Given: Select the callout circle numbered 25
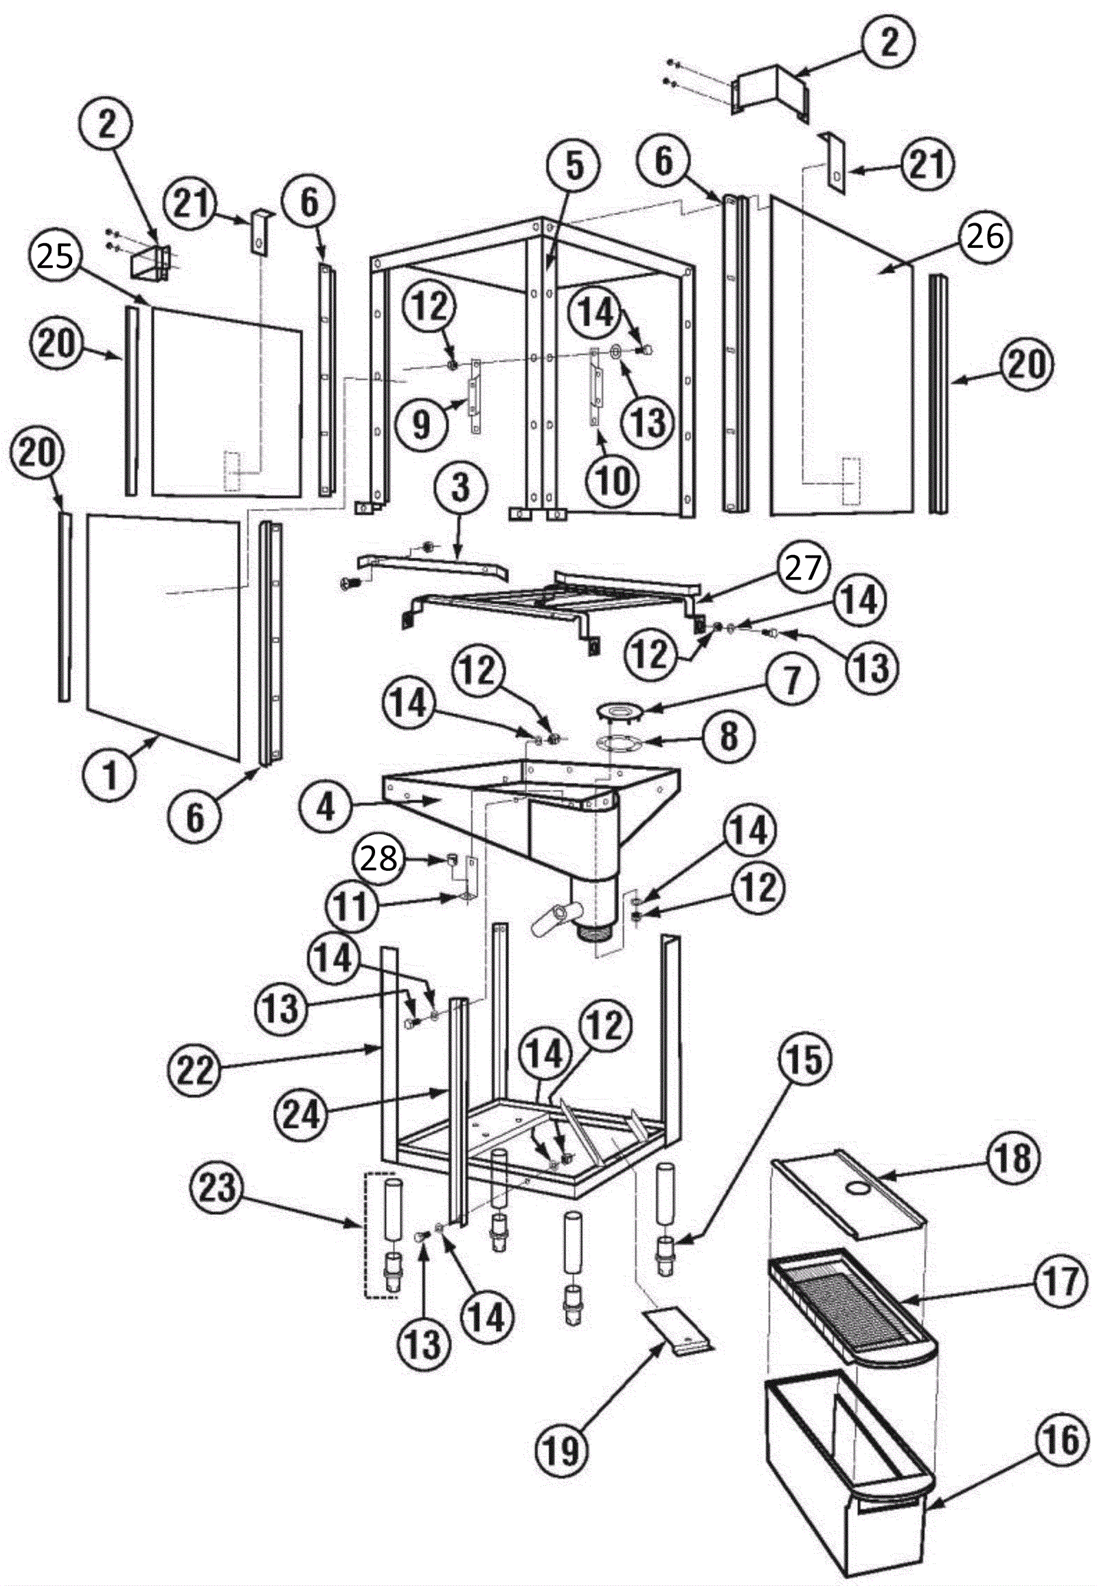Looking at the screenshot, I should pos(54,258).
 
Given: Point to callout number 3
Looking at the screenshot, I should pos(460,488).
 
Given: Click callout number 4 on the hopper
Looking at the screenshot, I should pos(325,807).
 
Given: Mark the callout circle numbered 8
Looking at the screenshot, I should pos(729,737).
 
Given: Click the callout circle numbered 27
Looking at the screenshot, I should pos(803,567).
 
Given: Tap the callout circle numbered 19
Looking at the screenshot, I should pos(563,1431).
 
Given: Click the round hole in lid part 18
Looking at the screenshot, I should pos(858,1188).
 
